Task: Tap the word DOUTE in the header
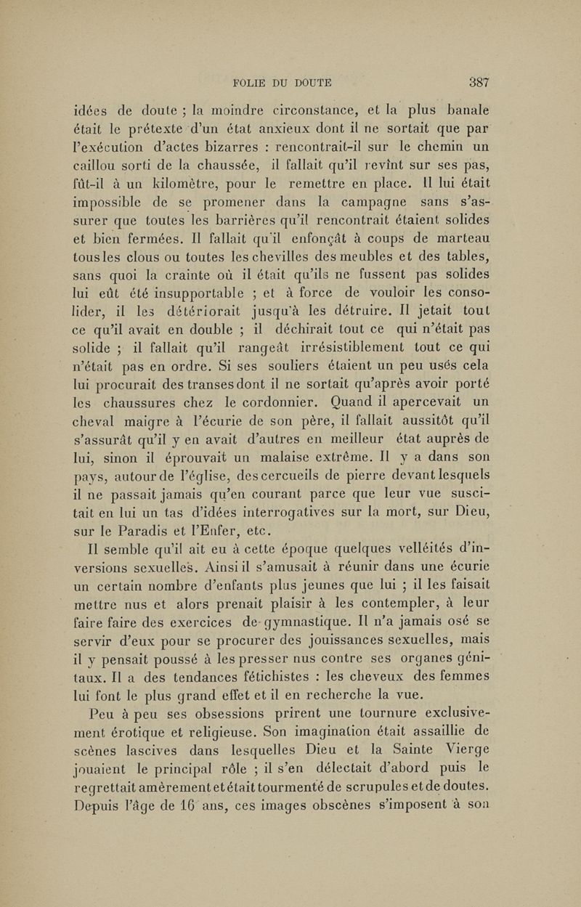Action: (x=309, y=81)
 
